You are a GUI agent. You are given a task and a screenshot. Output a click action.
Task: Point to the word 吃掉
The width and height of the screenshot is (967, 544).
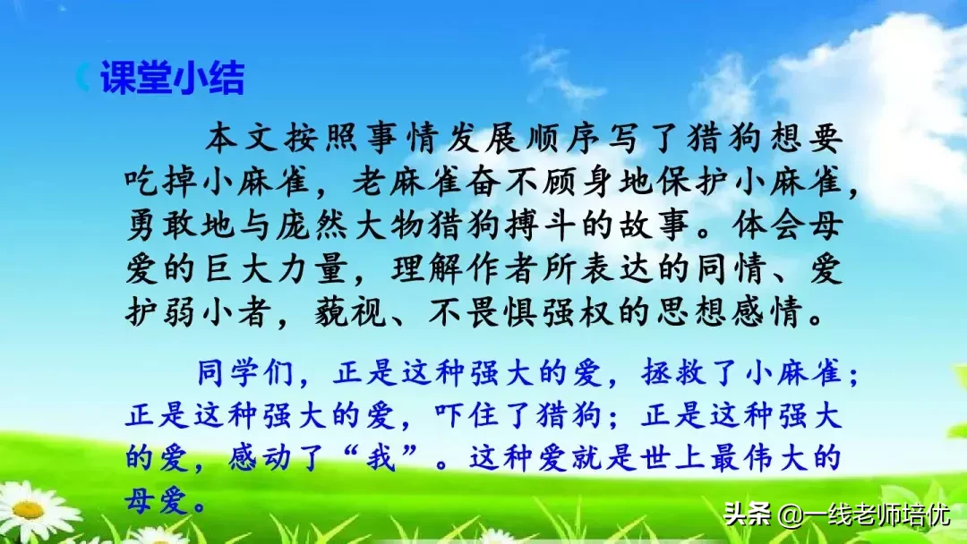tap(159, 185)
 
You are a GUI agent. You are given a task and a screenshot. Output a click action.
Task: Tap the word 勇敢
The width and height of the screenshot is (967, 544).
tap(159, 228)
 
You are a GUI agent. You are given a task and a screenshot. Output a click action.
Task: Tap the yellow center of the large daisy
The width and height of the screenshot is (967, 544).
tap(29, 510)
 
